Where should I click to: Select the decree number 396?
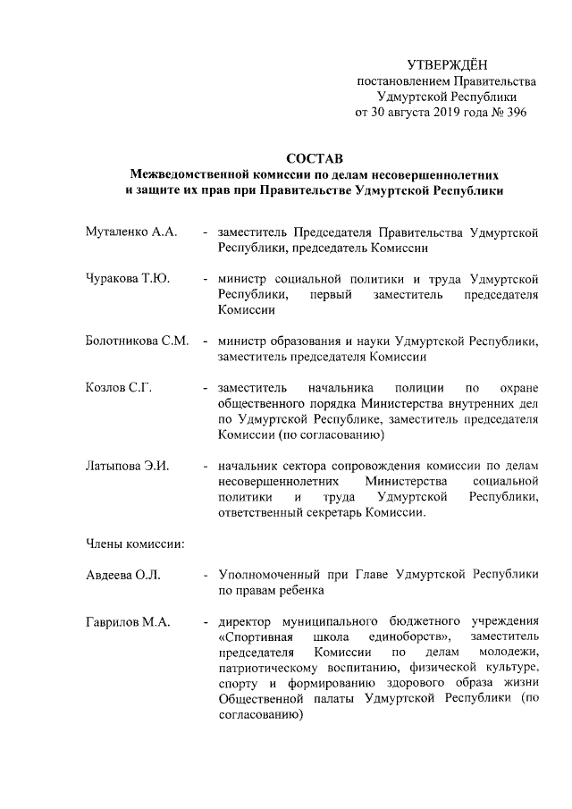[515, 113]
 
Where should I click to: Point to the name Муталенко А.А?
[130, 232]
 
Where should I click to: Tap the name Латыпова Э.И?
[127, 466]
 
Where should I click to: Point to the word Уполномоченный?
[272, 574]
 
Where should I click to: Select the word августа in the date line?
[398, 113]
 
